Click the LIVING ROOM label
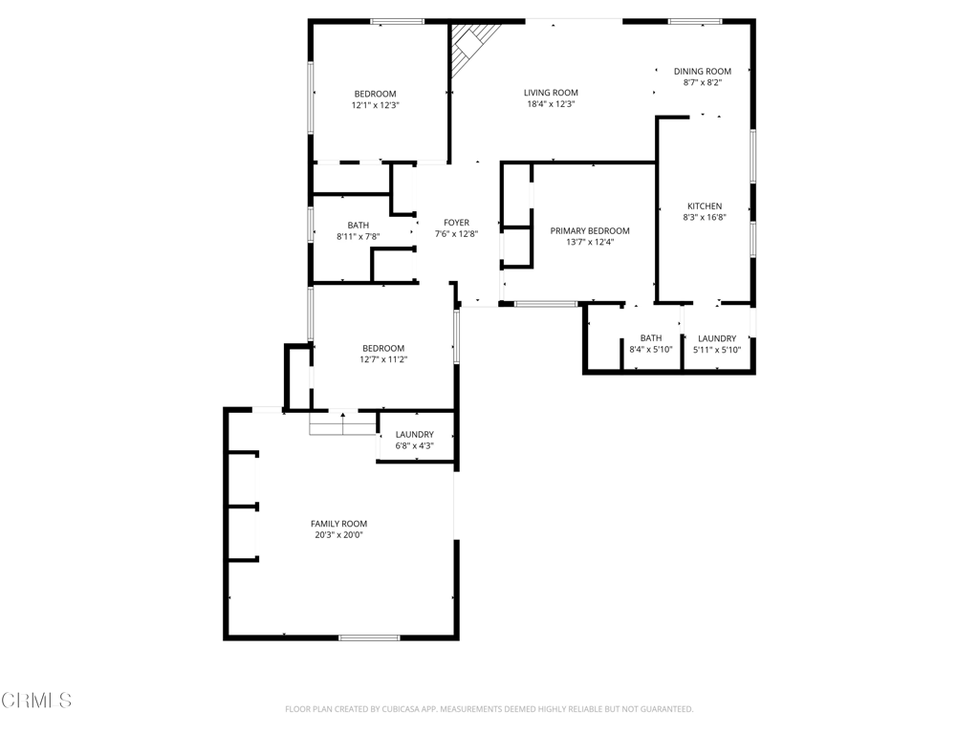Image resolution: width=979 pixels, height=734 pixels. tap(551, 93)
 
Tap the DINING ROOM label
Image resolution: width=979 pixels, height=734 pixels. tap(702, 71)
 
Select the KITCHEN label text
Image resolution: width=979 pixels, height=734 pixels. tap(705, 206)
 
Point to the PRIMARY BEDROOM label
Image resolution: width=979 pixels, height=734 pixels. tap(590, 230)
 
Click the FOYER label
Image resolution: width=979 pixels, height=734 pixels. tap(456, 222)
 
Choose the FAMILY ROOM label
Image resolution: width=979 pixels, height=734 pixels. tap(338, 524)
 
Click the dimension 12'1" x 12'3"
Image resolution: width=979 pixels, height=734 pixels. tap(375, 105)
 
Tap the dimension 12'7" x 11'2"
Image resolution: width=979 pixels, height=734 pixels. tap(382, 360)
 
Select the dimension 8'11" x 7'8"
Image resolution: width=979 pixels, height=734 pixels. tap(358, 236)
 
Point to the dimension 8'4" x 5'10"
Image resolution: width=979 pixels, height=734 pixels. tap(650, 350)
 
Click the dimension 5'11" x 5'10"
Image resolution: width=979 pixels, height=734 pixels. tap(717, 350)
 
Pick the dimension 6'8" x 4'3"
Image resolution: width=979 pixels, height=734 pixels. tap(414, 445)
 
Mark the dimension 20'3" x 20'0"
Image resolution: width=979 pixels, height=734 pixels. tap(338, 535)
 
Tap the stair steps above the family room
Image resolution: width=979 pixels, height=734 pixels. tap(342, 423)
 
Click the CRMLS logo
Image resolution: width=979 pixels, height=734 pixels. tap(36, 701)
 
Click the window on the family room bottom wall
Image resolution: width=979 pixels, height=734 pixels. tap(369, 637)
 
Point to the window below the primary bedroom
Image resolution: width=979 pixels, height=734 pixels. tap(546, 304)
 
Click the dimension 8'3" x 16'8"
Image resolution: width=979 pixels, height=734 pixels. tap(705, 218)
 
